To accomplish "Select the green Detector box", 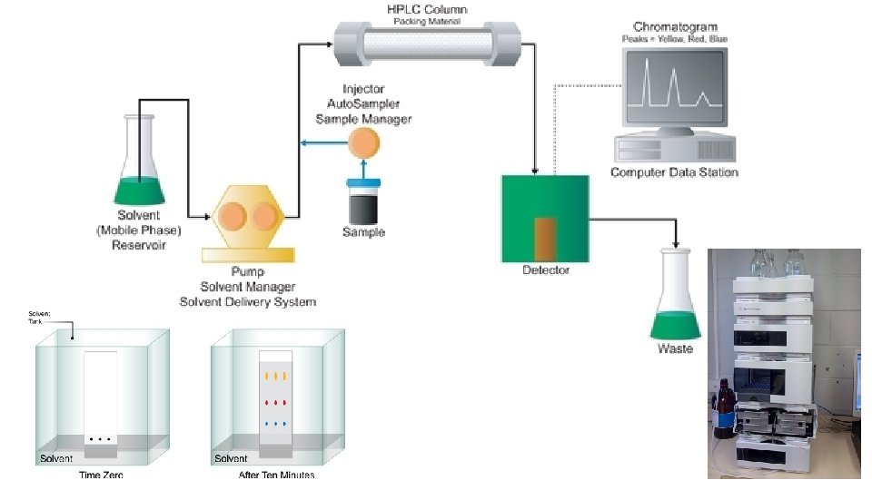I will (545, 217).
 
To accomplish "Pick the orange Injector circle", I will (362, 142).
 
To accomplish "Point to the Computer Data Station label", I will (674, 172).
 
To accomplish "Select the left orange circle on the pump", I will (231, 217).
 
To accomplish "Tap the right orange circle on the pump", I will (264, 217).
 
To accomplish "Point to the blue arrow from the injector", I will (322, 142).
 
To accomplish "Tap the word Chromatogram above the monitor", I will (673, 28).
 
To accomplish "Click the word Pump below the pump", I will (247, 270).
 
